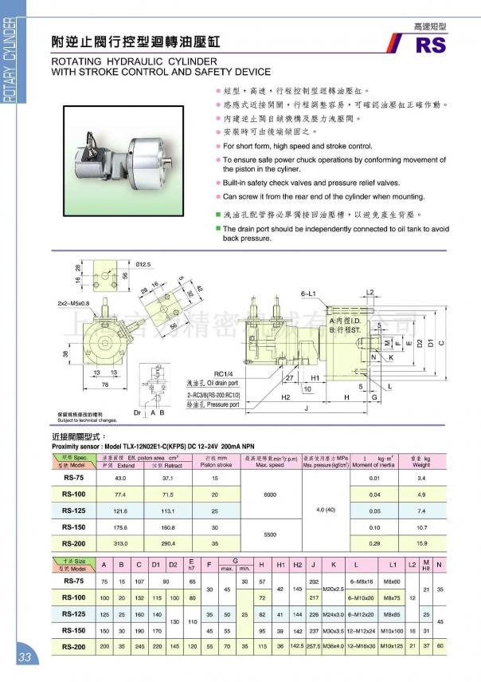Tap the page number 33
coord(22,657)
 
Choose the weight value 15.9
coord(422,542)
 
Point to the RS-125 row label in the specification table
coord(74,510)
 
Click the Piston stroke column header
coord(215,462)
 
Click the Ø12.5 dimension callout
coord(143,264)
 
